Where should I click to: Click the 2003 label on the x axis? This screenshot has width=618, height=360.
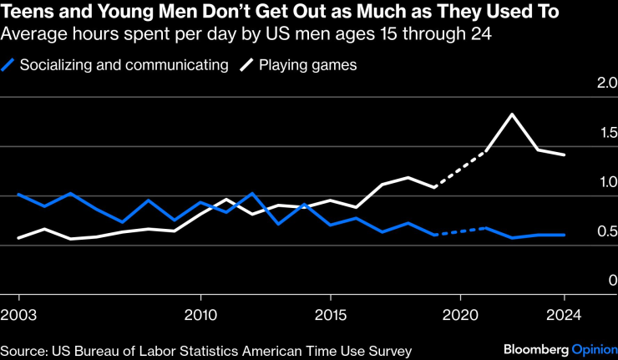pyautogui.click(x=18, y=317)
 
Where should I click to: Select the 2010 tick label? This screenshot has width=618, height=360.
pyautogui.click(x=200, y=317)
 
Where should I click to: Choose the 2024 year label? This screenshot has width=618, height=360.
pyautogui.click(x=565, y=317)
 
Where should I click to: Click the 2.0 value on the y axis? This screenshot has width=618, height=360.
pyautogui.click(x=603, y=84)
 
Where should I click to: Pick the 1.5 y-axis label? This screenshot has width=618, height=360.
pyautogui.click(x=603, y=134)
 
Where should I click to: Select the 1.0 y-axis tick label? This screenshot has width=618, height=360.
pyautogui.click(x=603, y=183)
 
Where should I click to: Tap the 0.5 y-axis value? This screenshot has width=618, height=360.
pyautogui.click(x=603, y=232)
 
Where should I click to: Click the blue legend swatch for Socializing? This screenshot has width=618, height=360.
pyautogui.click(x=9, y=66)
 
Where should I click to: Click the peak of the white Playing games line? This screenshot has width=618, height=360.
pyautogui.click(x=512, y=114)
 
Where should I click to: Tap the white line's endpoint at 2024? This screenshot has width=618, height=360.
pyautogui.click(x=565, y=155)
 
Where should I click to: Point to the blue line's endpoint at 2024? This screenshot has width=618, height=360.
pyautogui.click(x=565, y=235)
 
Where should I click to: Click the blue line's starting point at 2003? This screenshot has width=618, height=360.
pyautogui.click(x=18, y=195)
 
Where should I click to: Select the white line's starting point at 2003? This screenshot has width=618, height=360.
pyautogui.click(x=18, y=238)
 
